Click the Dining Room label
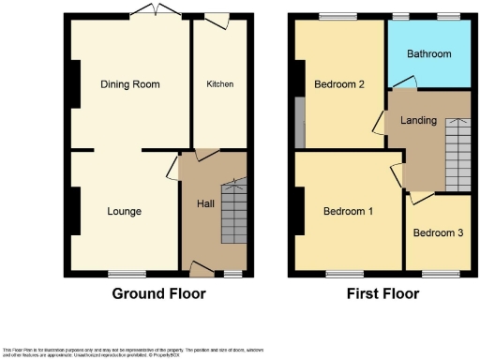(130, 84)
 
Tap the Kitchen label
(219, 84)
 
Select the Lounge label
(124, 212)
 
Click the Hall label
(206, 203)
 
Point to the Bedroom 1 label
(348, 212)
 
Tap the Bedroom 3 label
(438, 232)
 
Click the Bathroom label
(429, 54)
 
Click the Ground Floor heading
(158, 293)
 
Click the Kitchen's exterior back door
(217, 15)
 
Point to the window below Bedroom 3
(435, 274)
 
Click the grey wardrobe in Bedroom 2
(299, 122)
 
